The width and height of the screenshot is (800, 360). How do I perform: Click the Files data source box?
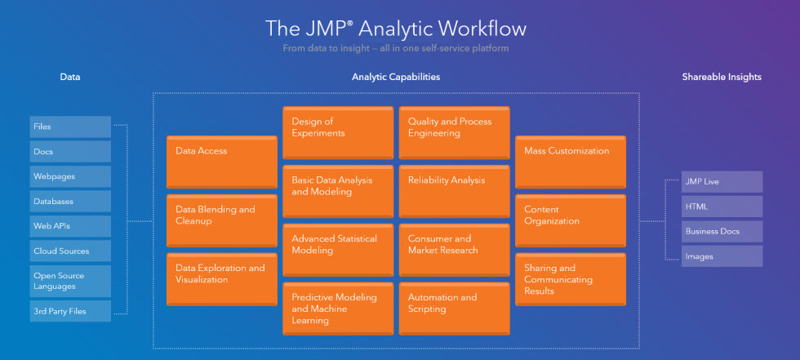70,127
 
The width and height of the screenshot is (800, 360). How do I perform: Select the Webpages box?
70,176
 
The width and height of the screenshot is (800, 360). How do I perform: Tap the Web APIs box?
70,226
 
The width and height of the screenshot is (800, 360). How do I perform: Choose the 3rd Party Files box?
70,311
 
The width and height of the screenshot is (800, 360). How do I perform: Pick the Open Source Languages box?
70,281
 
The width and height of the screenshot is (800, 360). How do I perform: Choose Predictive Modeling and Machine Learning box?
338,309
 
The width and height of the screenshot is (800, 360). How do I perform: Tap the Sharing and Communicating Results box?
571,279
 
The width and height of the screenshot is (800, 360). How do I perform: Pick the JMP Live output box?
722,181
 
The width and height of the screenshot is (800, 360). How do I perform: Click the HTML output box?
722,207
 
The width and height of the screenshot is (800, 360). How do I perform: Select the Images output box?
722,256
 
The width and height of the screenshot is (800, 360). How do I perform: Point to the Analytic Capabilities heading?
396,77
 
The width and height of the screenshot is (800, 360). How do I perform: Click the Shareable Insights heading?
722,77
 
